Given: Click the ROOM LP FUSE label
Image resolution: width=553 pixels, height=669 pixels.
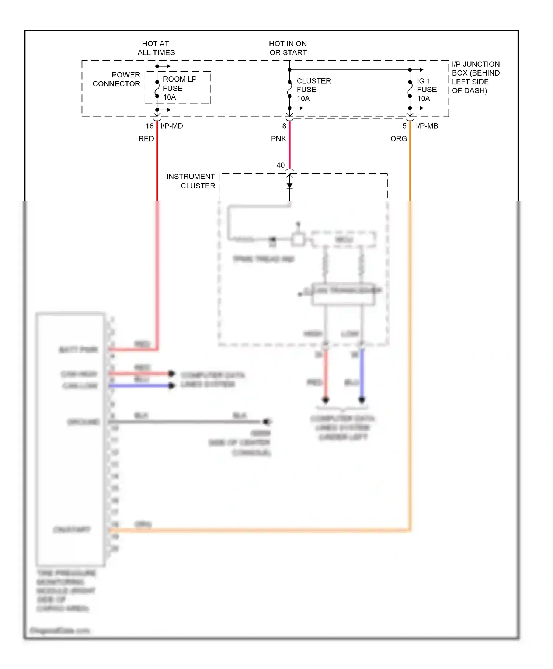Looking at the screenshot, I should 179,88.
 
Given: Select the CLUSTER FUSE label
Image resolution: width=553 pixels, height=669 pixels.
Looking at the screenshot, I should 313,90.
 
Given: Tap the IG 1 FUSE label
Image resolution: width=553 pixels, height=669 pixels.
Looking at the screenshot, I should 427,90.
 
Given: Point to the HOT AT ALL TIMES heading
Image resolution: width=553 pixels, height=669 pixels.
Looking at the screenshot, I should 156,48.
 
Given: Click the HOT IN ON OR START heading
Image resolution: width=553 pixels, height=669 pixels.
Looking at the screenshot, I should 288,48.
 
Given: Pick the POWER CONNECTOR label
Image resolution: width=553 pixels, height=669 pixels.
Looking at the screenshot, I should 116,79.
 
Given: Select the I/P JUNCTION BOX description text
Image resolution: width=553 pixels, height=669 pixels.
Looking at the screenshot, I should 475,77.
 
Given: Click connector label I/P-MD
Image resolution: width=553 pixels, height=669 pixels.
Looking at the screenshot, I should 172,126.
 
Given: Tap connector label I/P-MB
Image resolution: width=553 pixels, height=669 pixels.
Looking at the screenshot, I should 427,126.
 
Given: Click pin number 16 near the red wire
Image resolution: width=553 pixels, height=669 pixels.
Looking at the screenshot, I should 149,126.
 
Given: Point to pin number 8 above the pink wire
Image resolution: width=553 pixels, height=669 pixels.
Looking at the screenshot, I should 284,126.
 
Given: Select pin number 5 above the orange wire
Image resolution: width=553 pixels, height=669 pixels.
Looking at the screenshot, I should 404,126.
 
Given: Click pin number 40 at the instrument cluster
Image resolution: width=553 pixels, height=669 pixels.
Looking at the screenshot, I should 281,165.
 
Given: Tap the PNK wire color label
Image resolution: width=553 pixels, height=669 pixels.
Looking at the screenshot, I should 278,139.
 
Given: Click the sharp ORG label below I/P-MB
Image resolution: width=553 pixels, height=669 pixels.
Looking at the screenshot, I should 399,139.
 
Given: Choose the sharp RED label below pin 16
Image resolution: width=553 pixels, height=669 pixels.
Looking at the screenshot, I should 146,139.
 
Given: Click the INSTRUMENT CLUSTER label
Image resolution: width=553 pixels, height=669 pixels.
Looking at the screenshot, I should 191,181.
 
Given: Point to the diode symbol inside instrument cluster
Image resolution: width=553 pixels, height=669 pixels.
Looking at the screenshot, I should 290,186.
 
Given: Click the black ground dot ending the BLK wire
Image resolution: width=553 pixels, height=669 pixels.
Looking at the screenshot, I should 267,422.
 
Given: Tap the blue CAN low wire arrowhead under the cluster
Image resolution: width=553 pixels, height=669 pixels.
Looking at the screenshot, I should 362,400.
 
